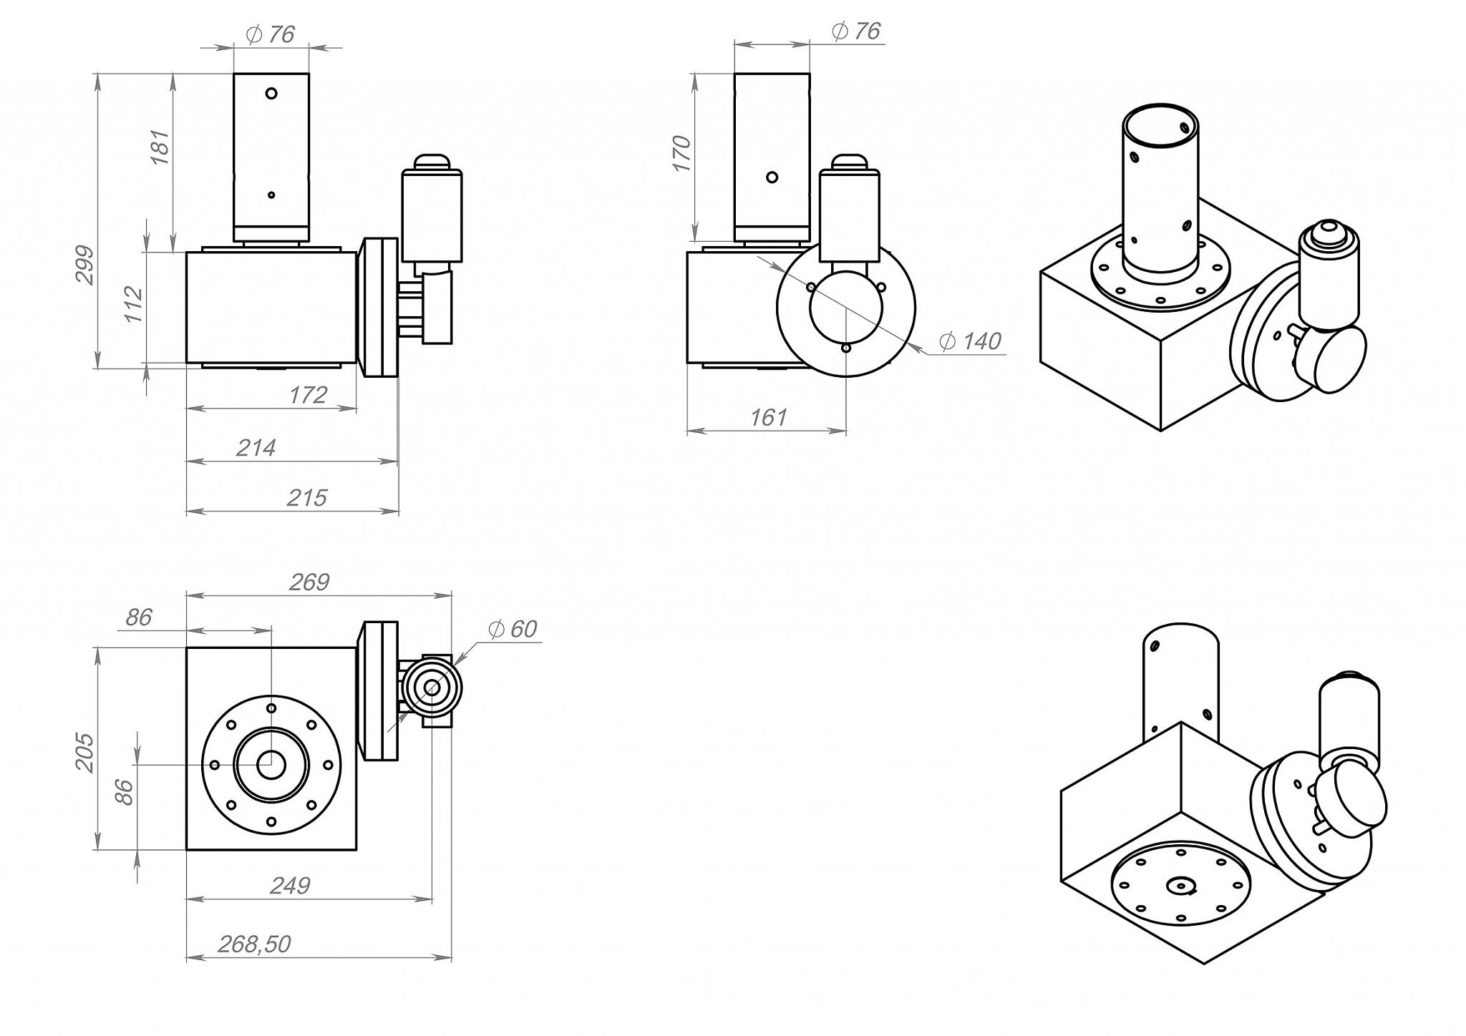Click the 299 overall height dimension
[x=85, y=265]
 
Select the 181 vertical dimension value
[x=160, y=147]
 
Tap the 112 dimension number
[x=134, y=304]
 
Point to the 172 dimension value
[x=308, y=395]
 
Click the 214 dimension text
[x=256, y=448]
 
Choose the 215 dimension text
[x=306, y=498]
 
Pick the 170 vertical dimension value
[x=681, y=153]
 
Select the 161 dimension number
[x=768, y=418]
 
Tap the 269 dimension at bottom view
[x=309, y=582]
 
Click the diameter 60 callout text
[x=513, y=629]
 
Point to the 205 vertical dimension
[x=85, y=753]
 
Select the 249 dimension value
[x=290, y=886]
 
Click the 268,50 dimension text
[x=254, y=944]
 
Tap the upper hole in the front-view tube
[x=271, y=93]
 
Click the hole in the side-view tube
[x=772, y=177]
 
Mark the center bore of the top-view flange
[x=271, y=765]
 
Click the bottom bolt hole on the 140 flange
[x=846, y=348]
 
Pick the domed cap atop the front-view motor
[x=432, y=161]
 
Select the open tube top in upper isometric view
[x=1160, y=126]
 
